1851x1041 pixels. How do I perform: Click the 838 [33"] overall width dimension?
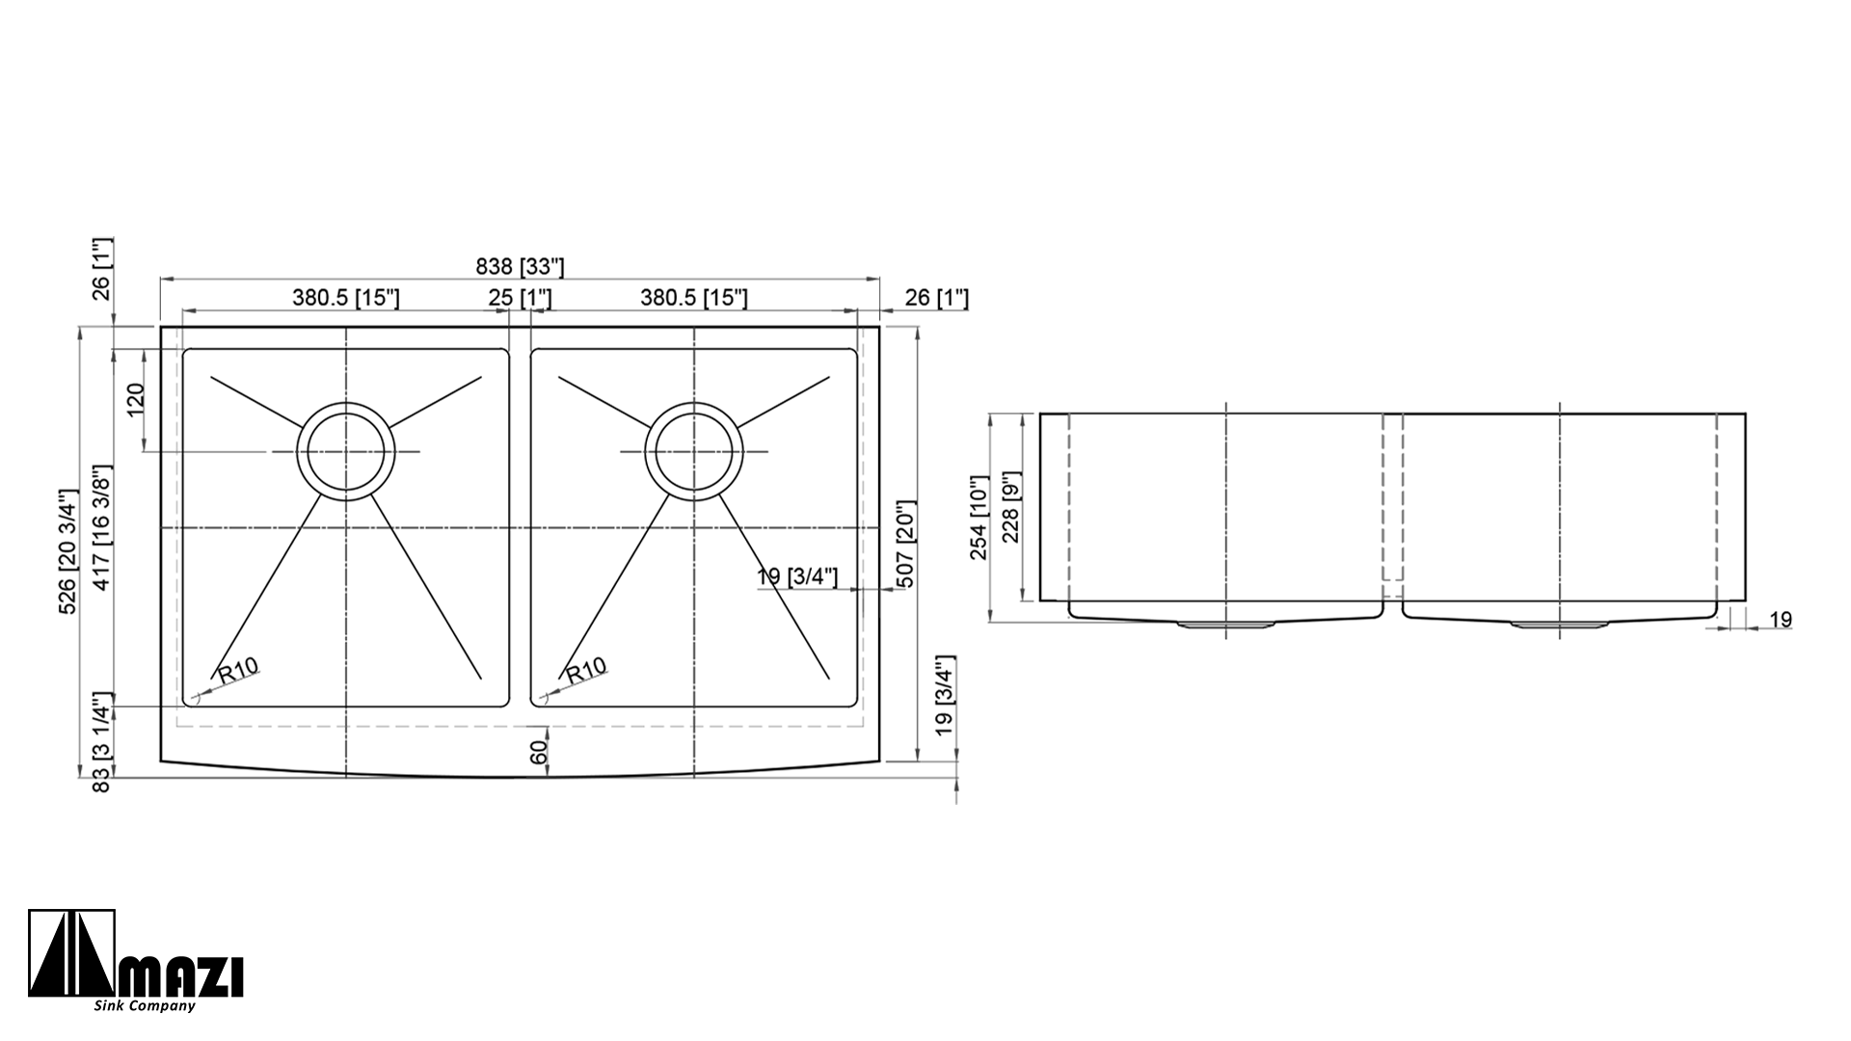click(x=521, y=267)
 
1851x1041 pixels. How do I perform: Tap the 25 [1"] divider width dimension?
click(x=520, y=298)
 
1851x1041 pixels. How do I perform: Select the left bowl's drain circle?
click(x=346, y=451)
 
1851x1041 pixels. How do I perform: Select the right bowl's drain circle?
click(x=694, y=451)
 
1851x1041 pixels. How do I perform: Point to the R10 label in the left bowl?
click(x=238, y=670)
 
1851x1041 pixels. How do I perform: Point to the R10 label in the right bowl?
click(x=586, y=670)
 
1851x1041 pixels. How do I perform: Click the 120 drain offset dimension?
click(x=135, y=399)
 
